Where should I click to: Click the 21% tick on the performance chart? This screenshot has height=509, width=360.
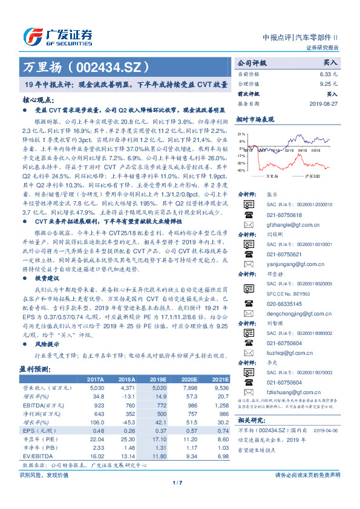click(242, 134)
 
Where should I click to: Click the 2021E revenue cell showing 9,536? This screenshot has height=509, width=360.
click(220, 387)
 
